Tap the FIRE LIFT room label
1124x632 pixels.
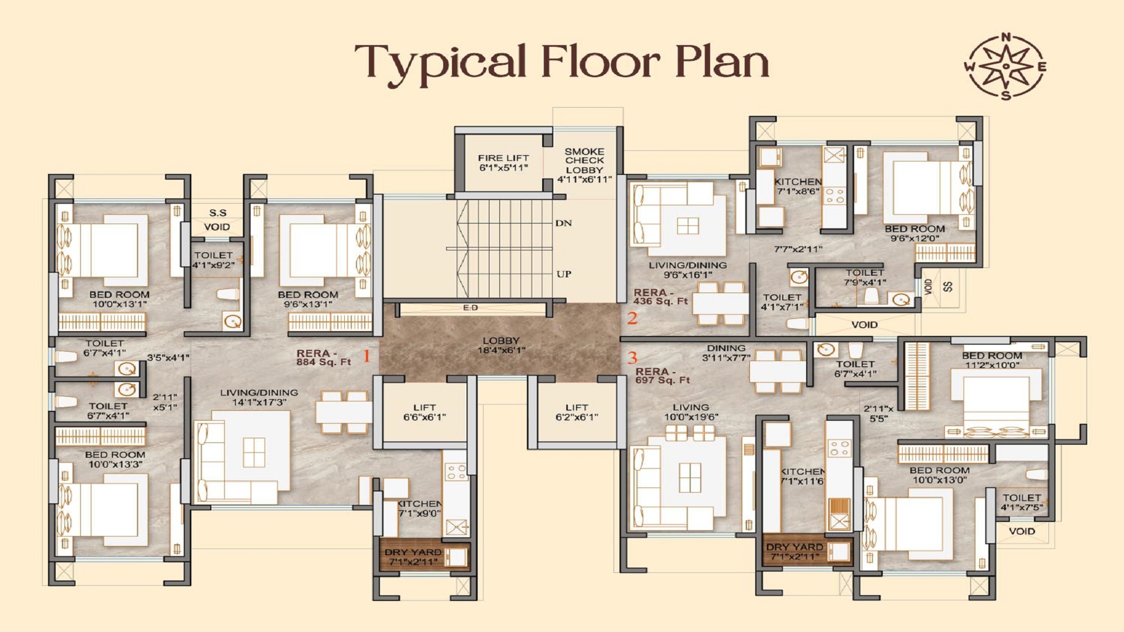(503, 163)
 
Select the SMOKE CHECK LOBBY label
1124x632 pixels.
(584, 165)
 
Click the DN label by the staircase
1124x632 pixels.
(564, 223)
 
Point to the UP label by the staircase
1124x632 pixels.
(564, 274)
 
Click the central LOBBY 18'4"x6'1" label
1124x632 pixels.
(501, 345)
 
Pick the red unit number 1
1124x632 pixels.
(367, 356)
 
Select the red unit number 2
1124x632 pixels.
(632, 318)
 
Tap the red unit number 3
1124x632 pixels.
(632, 358)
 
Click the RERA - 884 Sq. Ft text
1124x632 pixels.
(324, 358)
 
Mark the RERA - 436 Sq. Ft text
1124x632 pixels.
(660, 297)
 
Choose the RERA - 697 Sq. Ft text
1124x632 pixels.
(663, 376)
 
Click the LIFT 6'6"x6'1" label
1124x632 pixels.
(424, 413)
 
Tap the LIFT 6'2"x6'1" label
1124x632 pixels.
(577, 413)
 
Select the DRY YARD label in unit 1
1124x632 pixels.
(413, 557)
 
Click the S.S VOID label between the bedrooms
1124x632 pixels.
(217, 220)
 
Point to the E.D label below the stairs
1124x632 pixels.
(471, 308)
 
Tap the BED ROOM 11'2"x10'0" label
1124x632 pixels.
(992, 360)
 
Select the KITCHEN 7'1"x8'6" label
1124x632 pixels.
(798, 187)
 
